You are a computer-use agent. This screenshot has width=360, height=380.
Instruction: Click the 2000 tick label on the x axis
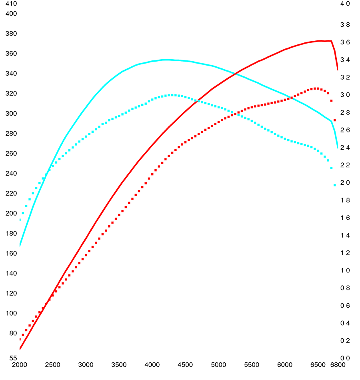[x=20, y=365]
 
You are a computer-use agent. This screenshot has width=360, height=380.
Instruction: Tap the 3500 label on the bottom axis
[x=119, y=365]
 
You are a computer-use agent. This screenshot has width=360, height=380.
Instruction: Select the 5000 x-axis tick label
[x=218, y=365]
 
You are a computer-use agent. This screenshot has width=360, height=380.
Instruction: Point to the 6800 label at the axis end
[x=338, y=365]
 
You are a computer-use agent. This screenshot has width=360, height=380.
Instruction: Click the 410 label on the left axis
[x=11, y=4]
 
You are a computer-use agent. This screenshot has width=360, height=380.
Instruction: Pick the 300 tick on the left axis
[x=11, y=114]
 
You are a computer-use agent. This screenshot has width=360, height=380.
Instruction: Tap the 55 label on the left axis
[x=13, y=358]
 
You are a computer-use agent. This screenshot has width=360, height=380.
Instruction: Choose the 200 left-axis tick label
[x=11, y=214]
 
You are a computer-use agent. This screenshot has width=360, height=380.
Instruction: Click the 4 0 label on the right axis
[x=345, y=4]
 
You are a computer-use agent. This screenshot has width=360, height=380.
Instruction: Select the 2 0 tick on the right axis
[x=345, y=183]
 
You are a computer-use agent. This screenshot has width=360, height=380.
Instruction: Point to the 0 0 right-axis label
[x=345, y=358]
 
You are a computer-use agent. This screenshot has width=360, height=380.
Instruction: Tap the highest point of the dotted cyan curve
[x=171, y=95]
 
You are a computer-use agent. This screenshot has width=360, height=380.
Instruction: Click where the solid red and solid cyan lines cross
[x=238, y=72]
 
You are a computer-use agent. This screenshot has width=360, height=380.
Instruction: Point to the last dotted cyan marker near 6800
[x=335, y=185]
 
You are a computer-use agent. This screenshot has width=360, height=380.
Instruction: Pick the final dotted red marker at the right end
[x=335, y=120]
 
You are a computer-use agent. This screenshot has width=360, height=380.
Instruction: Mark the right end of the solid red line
[x=338, y=70]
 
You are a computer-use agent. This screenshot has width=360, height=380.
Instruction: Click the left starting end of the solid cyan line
[x=20, y=245]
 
